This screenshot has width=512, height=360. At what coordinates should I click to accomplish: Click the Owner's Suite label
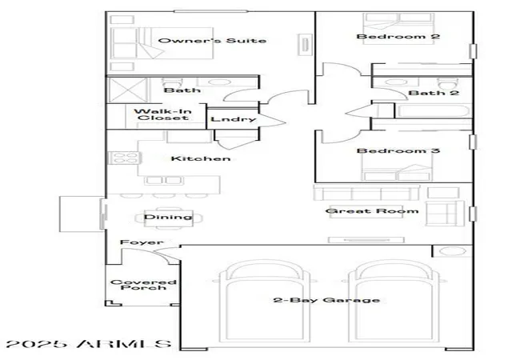tap(212, 41)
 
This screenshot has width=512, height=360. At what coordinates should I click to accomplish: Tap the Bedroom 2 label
tap(398, 36)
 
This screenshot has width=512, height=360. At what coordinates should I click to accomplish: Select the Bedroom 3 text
tap(398, 150)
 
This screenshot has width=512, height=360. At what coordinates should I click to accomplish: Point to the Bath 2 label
tap(434, 93)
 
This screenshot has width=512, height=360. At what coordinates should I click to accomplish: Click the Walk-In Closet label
tap(162, 114)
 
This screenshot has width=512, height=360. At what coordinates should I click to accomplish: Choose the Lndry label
tap(233, 119)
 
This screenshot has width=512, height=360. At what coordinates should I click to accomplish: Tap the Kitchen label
tap(201, 158)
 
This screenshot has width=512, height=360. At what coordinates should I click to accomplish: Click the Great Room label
tap(372, 211)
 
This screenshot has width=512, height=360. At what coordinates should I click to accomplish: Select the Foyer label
tap(142, 242)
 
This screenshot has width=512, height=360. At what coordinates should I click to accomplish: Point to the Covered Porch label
tap(143, 285)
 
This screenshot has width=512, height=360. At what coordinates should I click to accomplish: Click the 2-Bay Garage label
tap(326, 300)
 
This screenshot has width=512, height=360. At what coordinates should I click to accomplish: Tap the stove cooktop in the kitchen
tap(124, 158)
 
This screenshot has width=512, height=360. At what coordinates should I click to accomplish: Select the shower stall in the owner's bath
tap(128, 90)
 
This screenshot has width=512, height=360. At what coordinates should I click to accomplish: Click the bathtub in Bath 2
tap(434, 111)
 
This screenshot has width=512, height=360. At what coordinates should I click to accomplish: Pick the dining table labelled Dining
tap(169, 218)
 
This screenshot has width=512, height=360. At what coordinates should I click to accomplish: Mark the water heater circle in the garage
tap(452, 251)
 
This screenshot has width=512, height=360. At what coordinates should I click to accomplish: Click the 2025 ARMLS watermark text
tap(89, 344)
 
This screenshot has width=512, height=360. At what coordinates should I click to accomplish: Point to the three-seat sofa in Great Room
tap(366, 193)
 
